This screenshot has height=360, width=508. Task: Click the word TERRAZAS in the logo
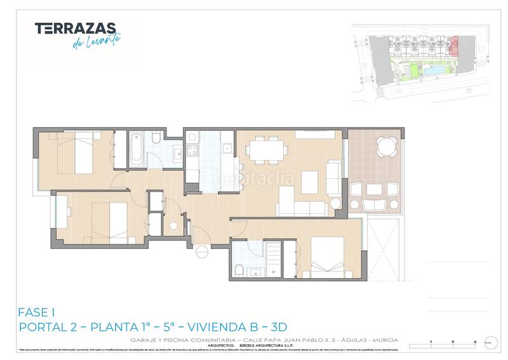[75, 28]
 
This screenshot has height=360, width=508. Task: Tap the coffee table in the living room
[310, 182]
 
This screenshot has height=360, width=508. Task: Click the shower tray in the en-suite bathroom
[273, 257]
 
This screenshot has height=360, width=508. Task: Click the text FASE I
[37, 312]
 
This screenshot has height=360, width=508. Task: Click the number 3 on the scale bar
[474, 342]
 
